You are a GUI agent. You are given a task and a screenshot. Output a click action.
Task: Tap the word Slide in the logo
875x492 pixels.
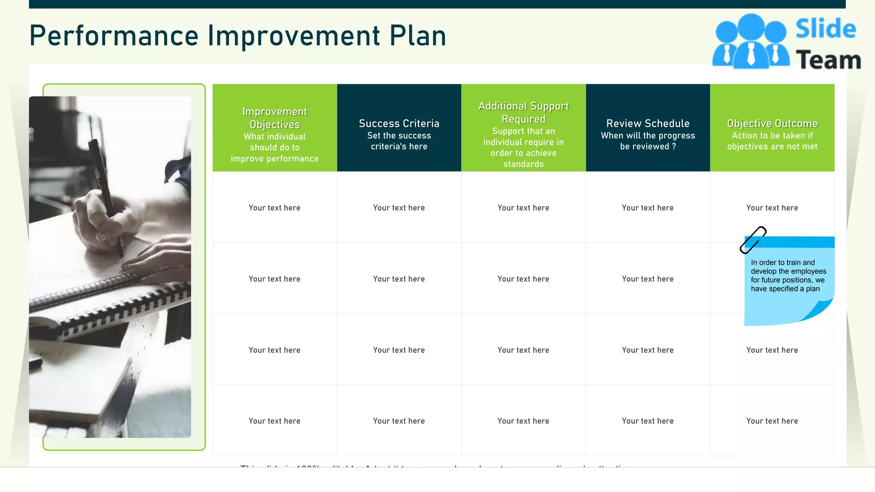click(825, 29)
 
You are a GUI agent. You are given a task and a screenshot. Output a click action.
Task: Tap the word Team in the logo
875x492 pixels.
click(828, 60)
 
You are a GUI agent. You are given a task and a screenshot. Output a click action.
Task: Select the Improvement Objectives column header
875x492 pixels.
click(275, 128)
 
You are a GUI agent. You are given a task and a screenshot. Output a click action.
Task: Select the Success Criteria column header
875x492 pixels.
click(399, 128)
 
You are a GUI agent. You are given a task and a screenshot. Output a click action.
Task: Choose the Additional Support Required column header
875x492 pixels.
click(523, 128)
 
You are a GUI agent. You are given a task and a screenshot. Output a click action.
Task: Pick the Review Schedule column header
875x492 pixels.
click(648, 128)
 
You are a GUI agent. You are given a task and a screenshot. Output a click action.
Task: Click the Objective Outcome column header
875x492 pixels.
click(772, 128)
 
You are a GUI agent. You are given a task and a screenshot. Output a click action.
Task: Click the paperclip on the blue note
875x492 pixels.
click(753, 240)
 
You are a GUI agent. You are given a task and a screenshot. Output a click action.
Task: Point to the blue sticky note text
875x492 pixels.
click(788, 275)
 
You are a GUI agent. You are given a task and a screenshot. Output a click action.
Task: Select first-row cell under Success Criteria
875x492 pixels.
click(399, 208)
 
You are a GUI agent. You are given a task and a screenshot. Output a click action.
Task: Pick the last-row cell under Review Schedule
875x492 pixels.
click(648, 421)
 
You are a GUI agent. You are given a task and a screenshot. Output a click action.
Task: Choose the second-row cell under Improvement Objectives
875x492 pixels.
click(275, 279)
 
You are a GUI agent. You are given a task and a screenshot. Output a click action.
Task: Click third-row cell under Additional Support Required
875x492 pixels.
click(523, 350)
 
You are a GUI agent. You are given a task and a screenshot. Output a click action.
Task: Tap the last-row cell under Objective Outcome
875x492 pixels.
click(772, 421)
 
